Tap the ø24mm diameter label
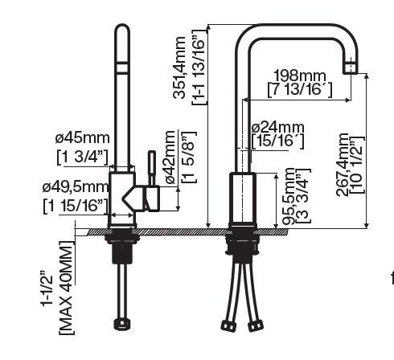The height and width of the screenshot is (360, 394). [277, 127]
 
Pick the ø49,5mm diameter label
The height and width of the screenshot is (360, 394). [75, 189]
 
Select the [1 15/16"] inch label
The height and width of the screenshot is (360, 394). [75, 206]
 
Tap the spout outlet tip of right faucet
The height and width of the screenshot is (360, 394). [351, 68]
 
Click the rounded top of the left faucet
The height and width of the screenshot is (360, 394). [122, 32]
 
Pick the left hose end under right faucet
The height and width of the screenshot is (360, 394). [228, 325]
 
